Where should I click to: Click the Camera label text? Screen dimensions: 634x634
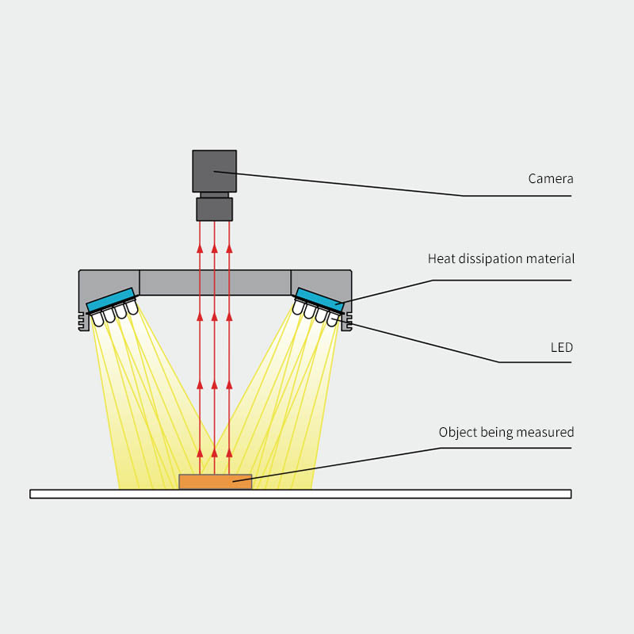click(x=550, y=179)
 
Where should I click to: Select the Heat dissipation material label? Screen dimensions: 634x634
click(x=501, y=259)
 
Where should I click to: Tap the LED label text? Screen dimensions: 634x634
click(x=561, y=348)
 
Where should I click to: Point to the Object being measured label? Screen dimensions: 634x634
click(x=506, y=433)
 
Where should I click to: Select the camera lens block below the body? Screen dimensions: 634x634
click(x=214, y=209)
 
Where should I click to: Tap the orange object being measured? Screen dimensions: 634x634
click(x=215, y=481)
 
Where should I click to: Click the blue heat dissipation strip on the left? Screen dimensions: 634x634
click(x=111, y=299)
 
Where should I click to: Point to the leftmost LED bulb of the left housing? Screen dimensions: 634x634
click(x=97, y=319)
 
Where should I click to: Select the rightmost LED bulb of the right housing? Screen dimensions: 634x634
click(x=333, y=319)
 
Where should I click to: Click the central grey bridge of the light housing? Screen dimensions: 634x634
click(x=215, y=283)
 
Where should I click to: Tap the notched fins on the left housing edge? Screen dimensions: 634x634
click(x=82, y=320)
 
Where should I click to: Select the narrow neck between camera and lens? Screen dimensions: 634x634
click(x=214, y=194)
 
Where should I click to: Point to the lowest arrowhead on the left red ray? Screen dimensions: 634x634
click(x=200, y=453)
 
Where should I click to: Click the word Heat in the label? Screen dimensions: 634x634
click(x=441, y=259)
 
